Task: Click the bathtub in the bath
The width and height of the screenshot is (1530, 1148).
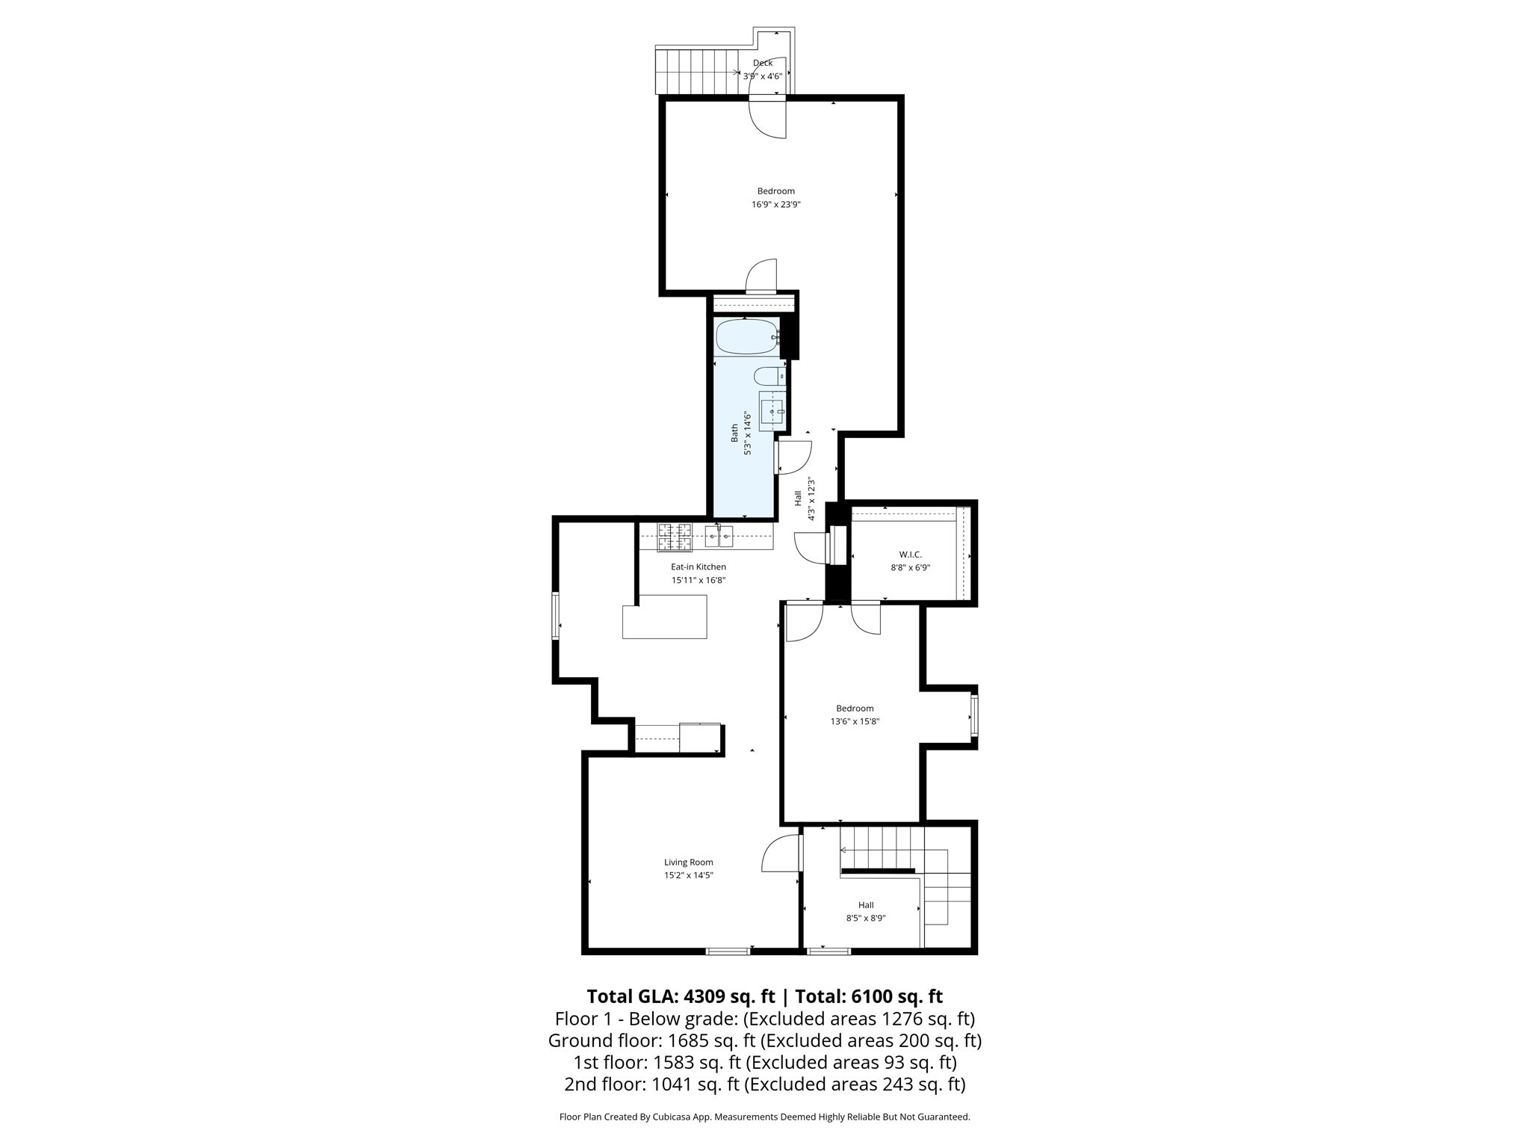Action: tap(746, 336)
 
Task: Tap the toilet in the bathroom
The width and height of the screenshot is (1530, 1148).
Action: tap(768, 376)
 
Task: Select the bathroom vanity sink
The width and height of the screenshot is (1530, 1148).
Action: tap(772, 410)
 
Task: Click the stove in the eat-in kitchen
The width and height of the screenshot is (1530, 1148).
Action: tap(675, 537)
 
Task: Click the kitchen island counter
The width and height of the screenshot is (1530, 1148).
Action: tap(665, 617)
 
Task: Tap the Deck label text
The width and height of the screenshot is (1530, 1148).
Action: tap(763, 64)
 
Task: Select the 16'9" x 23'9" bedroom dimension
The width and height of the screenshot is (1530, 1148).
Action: tap(775, 204)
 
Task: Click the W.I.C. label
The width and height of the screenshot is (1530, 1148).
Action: tap(910, 555)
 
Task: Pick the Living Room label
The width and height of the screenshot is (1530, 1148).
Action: tap(688, 862)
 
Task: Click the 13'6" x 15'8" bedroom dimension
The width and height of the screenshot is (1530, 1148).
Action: tap(855, 722)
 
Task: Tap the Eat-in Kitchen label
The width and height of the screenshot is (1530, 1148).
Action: tap(698, 567)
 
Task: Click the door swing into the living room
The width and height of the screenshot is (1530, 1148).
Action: tap(781, 854)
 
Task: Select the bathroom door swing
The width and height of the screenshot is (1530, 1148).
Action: tap(793, 457)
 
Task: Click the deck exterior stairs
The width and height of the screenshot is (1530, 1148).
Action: tap(696, 72)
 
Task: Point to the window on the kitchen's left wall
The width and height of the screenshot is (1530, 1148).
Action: tap(555, 615)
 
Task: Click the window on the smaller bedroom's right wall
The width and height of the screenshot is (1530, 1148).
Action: tap(974, 716)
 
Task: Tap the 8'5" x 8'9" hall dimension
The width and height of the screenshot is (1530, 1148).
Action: tap(866, 919)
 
